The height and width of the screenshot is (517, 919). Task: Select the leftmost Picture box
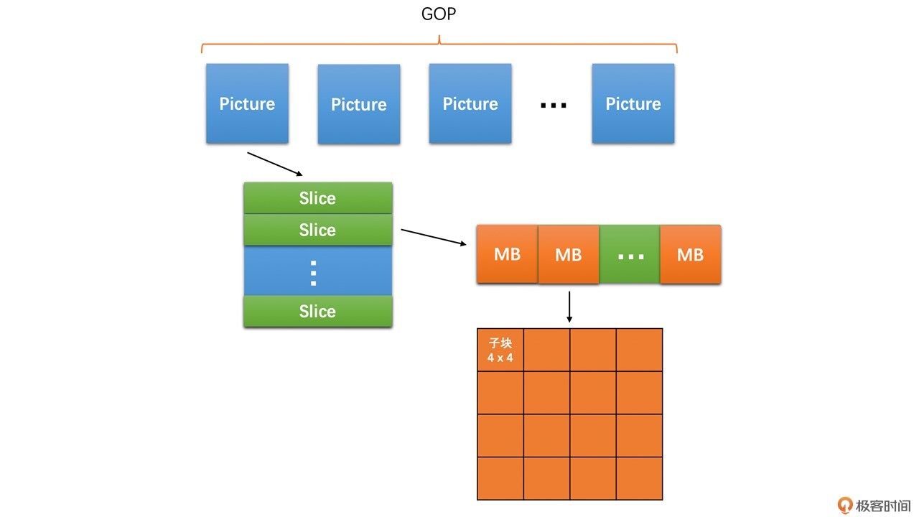(x=247, y=103)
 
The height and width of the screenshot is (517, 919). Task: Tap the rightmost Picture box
(x=633, y=103)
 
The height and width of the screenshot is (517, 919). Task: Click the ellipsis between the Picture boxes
(x=553, y=105)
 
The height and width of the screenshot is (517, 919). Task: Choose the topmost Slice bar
(x=317, y=198)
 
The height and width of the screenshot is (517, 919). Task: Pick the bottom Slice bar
(x=317, y=311)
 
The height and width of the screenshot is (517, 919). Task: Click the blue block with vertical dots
(x=317, y=271)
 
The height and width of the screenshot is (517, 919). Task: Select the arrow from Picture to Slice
(x=275, y=164)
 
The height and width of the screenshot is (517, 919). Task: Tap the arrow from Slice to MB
(x=433, y=238)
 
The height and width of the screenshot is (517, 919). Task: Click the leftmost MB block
(x=507, y=254)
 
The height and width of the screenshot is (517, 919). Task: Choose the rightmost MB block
(x=690, y=254)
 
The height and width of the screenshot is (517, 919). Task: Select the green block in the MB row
(x=630, y=254)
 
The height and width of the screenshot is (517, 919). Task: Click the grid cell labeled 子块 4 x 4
(x=500, y=350)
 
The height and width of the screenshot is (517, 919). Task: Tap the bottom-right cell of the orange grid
(x=639, y=478)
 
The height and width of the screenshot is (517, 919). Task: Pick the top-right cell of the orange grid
(x=639, y=350)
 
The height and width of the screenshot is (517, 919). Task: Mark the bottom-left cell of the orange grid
(x=500, y=478)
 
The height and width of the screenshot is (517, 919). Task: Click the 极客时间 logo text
(x=882, y=506)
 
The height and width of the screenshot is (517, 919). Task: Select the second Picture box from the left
(x=358, y=104)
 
